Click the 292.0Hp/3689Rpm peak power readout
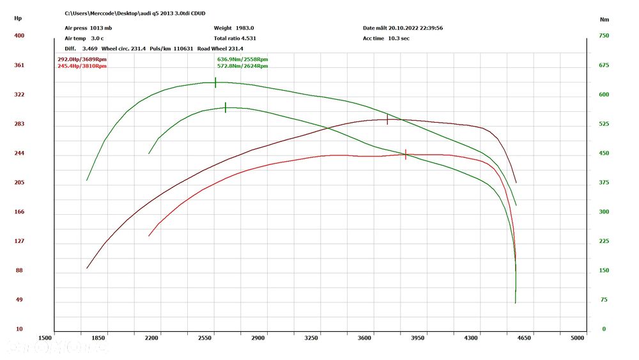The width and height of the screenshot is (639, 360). (x=82, y=59)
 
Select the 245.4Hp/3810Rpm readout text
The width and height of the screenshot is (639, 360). (x=82, y=66)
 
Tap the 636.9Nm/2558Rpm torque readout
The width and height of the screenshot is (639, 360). (x=242, y=59)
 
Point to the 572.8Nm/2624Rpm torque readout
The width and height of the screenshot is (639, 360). (x=242, y=66)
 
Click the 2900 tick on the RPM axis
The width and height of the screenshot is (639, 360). (x=258, y=337)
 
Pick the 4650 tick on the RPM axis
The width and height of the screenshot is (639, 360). (x=524, y=337)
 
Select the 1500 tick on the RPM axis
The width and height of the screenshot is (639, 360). (x=45, y=337)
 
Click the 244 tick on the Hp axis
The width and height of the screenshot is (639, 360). (x=19, y=153)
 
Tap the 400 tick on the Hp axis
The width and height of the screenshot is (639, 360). (x=19, y=36)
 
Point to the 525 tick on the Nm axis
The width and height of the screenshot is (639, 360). (x=604, y=124)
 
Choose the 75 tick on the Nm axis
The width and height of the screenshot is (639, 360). (x=604, y=300)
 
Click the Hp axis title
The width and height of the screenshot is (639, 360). (x=18, y=19)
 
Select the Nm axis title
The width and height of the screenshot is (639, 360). (x=604, y=19)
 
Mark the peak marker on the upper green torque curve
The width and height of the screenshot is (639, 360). (x=215, y=82)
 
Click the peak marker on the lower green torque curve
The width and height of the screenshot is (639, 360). (x=226, y=107)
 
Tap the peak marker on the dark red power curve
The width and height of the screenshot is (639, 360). (x=387, y=120)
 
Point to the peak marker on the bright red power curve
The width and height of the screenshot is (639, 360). (x=406, y=155)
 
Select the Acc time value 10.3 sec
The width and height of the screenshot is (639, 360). (x=399, y=38)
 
